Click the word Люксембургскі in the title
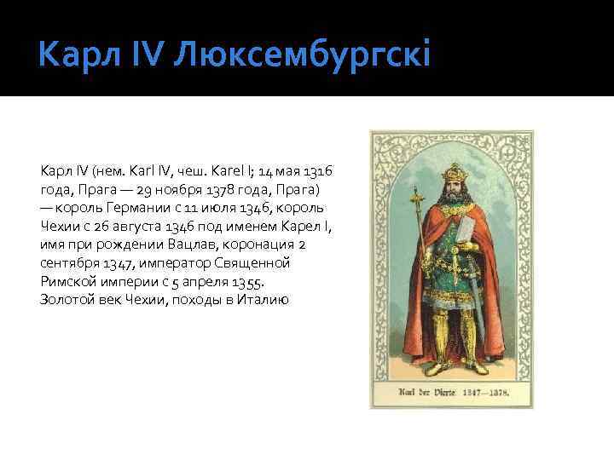click(x=303, y=56)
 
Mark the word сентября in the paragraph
click(x=69, y=262)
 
